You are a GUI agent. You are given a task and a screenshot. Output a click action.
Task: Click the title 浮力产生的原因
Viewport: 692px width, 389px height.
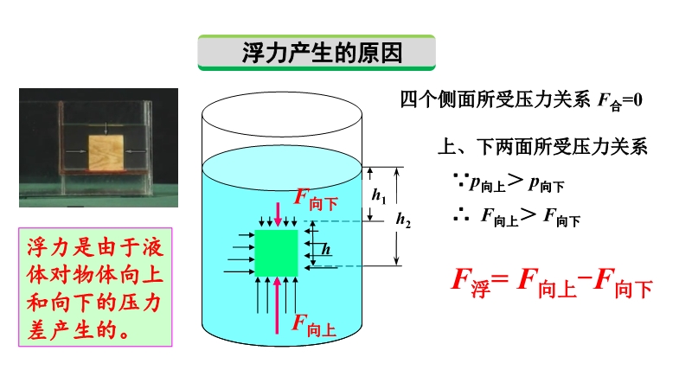pos(322,53)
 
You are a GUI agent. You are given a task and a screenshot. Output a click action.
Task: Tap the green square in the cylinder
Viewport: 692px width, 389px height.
pos(277,252)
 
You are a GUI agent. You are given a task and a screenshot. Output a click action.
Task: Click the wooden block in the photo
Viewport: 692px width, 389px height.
pos(106,153)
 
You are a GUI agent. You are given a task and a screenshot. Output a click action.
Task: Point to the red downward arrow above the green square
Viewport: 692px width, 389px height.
pos(278,214)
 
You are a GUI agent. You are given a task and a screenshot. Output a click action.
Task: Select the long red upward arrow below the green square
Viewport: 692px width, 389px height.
pos(277,305)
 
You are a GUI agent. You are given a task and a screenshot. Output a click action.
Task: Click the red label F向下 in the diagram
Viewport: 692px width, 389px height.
pos(316,200)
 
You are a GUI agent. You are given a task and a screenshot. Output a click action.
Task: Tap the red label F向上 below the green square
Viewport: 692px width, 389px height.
pos(314,326)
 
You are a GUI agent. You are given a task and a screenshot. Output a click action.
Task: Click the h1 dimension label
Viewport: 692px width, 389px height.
pos(379,194)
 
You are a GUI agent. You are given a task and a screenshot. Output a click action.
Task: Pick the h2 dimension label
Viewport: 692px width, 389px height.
pos(403,219)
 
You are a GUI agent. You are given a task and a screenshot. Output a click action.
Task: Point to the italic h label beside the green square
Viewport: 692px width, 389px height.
pos(326,249)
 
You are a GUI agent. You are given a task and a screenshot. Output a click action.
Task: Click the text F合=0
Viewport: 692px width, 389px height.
pos(620,101)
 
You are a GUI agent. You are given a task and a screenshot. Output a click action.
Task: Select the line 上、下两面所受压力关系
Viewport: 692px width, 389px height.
pos(542,147)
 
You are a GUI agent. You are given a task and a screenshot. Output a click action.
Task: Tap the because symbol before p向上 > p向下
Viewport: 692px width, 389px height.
pos(461,179)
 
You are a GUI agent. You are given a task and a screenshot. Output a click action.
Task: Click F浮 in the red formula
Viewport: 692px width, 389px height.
pos(471,282)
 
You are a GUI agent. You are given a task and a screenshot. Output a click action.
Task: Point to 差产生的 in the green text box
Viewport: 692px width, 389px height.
pos(73,330)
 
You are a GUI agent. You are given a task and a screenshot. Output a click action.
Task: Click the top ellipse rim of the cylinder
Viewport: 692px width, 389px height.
pos(282,93)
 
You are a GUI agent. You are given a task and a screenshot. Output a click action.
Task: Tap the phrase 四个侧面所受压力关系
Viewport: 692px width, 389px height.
pos(495,99)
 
